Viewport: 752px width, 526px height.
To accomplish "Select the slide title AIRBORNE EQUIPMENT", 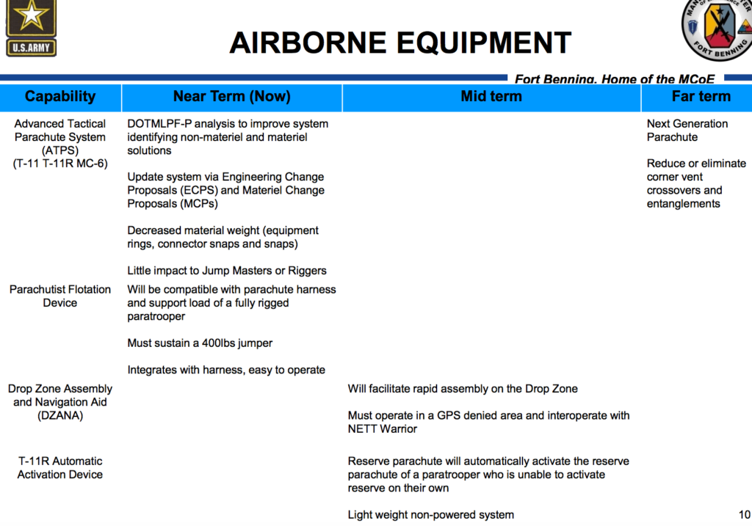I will (x=399, y=43).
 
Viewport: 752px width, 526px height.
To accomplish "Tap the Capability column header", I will (x=60, y=97).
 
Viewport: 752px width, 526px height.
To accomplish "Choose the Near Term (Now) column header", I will (x=231, y=97).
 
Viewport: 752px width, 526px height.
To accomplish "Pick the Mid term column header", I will (x=491, y=97).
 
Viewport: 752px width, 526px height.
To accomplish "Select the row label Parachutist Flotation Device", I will (x=60, y=296).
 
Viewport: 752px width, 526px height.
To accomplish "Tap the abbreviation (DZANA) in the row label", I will (x=60, y=415).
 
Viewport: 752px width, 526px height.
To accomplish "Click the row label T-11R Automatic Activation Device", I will (x=60, y=467).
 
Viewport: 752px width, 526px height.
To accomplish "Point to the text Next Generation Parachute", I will (x=687, y=131).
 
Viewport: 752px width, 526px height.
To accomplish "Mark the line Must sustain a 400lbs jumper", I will (x=200, y=343).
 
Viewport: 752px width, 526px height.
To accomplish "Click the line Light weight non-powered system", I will (x=430, y=514).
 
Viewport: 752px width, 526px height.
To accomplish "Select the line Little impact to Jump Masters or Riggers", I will (x=227, y=270).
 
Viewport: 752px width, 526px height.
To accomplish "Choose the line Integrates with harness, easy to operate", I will (x=226, y=370).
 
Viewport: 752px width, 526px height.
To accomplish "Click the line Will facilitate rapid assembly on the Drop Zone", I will (x=463, y=389).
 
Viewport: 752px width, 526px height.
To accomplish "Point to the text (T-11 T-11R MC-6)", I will (x=60, y=164).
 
